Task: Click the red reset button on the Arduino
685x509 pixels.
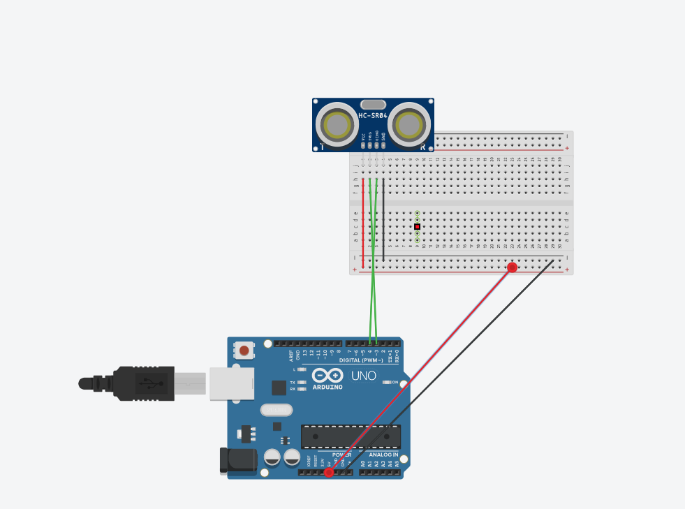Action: tap(244, 350)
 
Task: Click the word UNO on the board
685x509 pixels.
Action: tap(363, 376)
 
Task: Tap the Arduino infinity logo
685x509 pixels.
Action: tap(327, 375)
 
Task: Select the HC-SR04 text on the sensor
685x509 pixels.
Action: tap(373, 116)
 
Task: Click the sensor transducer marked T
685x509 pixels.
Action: tap(337, 125)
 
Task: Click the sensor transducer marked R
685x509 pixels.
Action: tap(408, 125)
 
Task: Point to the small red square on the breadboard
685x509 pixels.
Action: tap(417, 227)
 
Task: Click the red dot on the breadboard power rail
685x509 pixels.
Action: tap(512, 267)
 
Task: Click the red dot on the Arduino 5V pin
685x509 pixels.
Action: tap(329, 473)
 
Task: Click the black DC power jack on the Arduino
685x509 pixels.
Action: tap(237, 459)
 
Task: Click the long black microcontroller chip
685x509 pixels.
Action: tap(351, 436)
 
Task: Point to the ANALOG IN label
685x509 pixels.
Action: tap(383, 455)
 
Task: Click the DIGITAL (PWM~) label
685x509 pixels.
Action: tap(360, 360)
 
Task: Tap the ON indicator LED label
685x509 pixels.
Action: tap(395, 383)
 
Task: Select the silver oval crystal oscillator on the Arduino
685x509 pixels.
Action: tap(276, 410)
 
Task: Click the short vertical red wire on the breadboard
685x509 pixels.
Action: tap(363, 222)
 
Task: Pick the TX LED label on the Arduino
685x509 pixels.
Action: tap(293, 383)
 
